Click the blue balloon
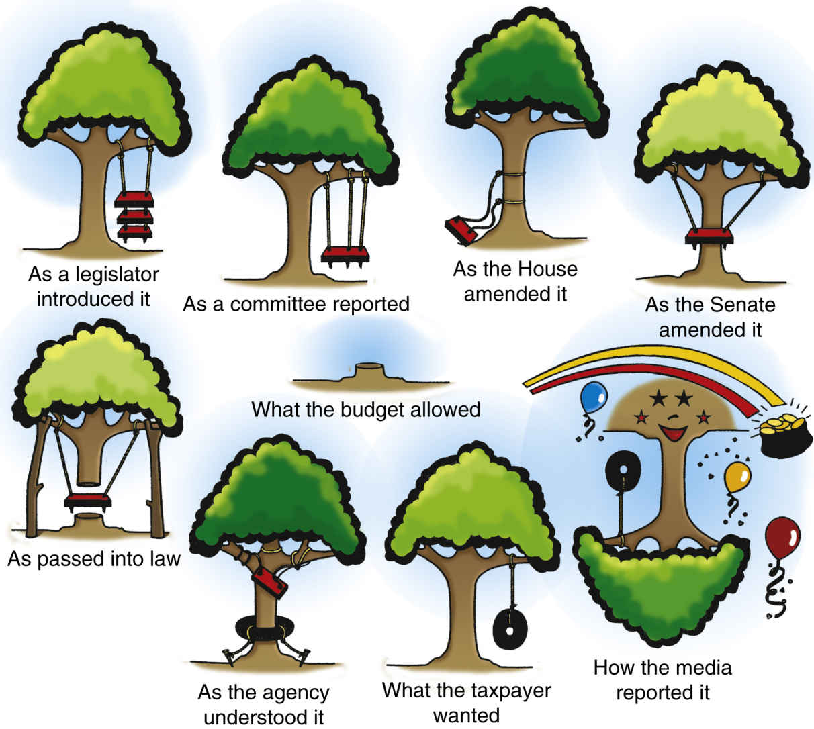pos(592,397)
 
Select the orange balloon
pos(737,477)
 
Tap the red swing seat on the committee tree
pos(346,254)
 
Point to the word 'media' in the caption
pos(701,667)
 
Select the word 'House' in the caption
pos(543,269)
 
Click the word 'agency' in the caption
pos(296,692)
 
